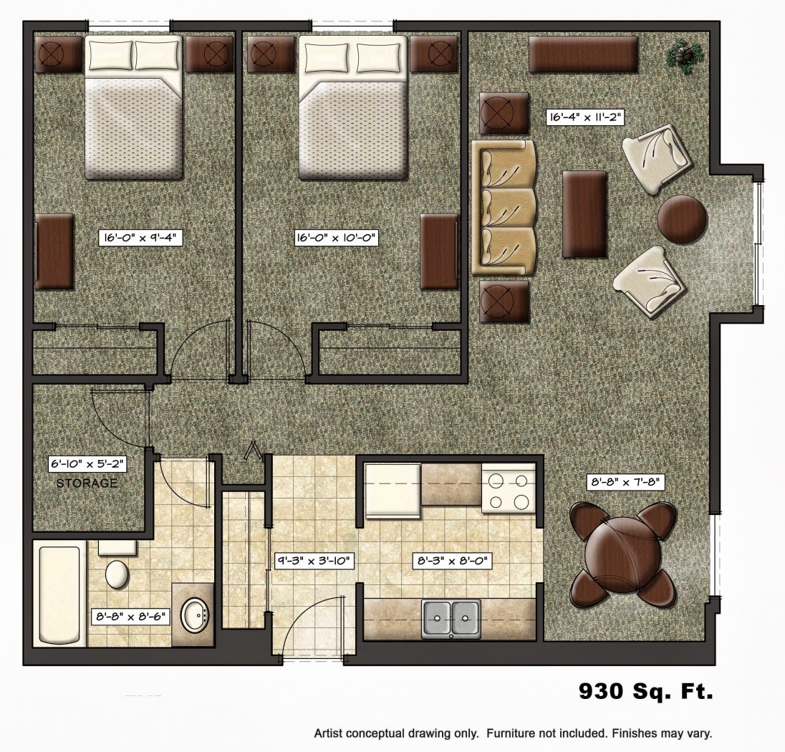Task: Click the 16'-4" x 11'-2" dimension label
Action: pos(585,117)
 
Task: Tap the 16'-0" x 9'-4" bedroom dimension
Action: pos(140,237)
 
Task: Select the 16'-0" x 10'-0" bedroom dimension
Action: pos(337,237)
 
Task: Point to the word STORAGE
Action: pos(87,483)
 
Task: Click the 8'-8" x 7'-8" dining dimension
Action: pos(626,482)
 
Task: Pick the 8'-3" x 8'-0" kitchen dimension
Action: pos(452,561)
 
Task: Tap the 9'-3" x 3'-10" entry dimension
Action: pos(315,561)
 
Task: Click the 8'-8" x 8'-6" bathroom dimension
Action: pos(131,617)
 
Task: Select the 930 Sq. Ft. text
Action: pos(646,691)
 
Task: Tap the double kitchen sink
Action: pos(451,619)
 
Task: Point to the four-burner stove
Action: pos(508,488)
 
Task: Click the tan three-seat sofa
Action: pos(504,208)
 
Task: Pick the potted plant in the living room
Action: pos(683,54)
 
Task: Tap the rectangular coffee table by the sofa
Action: pos(584,214)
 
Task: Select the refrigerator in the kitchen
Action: pos(393,491)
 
